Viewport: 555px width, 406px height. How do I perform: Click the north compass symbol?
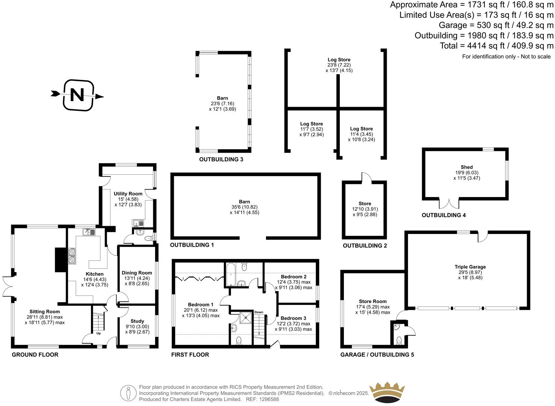point(77,95)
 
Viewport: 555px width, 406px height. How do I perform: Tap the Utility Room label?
point(128,194)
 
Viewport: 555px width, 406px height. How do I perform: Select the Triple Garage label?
point(470,267)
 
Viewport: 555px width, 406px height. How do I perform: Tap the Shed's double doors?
point(449,204)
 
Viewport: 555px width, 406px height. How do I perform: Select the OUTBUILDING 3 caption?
point(221,159)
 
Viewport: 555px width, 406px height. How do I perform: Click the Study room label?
point(137,321)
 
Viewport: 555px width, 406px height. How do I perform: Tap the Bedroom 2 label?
point(294,277)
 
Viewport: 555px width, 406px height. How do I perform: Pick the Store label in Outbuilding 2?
point(365,204)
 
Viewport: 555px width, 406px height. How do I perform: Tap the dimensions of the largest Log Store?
point(339,68)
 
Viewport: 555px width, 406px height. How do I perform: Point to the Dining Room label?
point(137,273)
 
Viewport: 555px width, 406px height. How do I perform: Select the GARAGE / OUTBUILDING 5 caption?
point(377,355)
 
